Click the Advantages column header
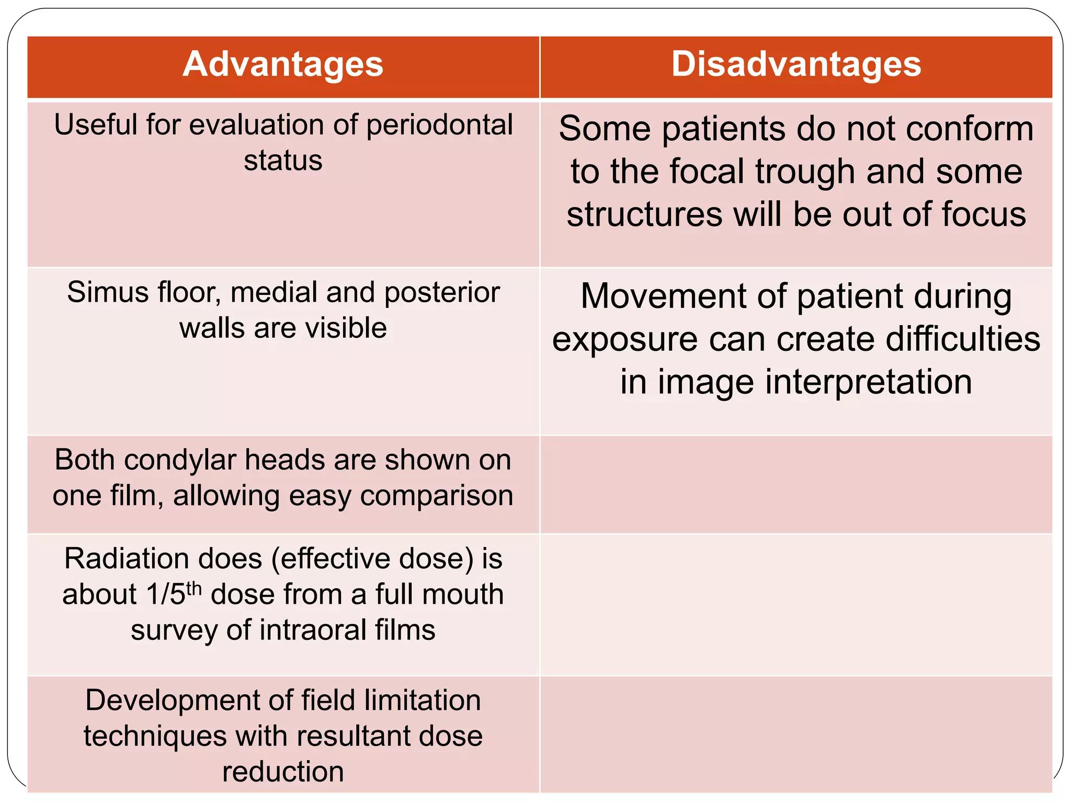(x=283, y=64)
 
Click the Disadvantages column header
(x=796, y=64)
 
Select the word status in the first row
(x=283, y=160)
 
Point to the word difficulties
(x=960, y=339)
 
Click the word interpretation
(x=869, y=382)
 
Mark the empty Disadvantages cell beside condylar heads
(x=796, y=484)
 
